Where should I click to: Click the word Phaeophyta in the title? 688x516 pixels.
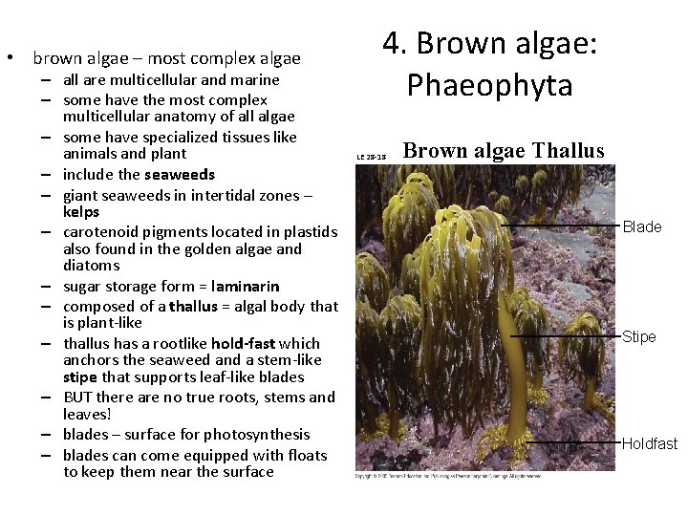pos(489,85)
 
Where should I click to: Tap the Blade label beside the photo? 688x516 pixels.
pos(642,226)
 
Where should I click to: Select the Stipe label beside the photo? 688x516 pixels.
pos(639,336)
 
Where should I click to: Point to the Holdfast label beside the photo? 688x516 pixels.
pos(650,443)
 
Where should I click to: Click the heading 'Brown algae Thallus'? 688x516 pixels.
pos(504,151)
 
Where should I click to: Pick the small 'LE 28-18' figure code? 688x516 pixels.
pos(371,157)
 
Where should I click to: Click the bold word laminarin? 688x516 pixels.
pos(246,286)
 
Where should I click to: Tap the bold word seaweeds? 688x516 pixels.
pos(180,174)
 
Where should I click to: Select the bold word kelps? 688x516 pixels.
pos(81,211)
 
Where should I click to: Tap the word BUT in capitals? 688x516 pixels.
pos(79,397)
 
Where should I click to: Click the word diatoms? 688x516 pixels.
pos(92,265)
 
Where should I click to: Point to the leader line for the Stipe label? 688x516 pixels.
pos(564,336)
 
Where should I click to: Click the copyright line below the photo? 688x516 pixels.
pos(447,475)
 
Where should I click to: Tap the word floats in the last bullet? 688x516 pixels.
pos(305,455)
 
